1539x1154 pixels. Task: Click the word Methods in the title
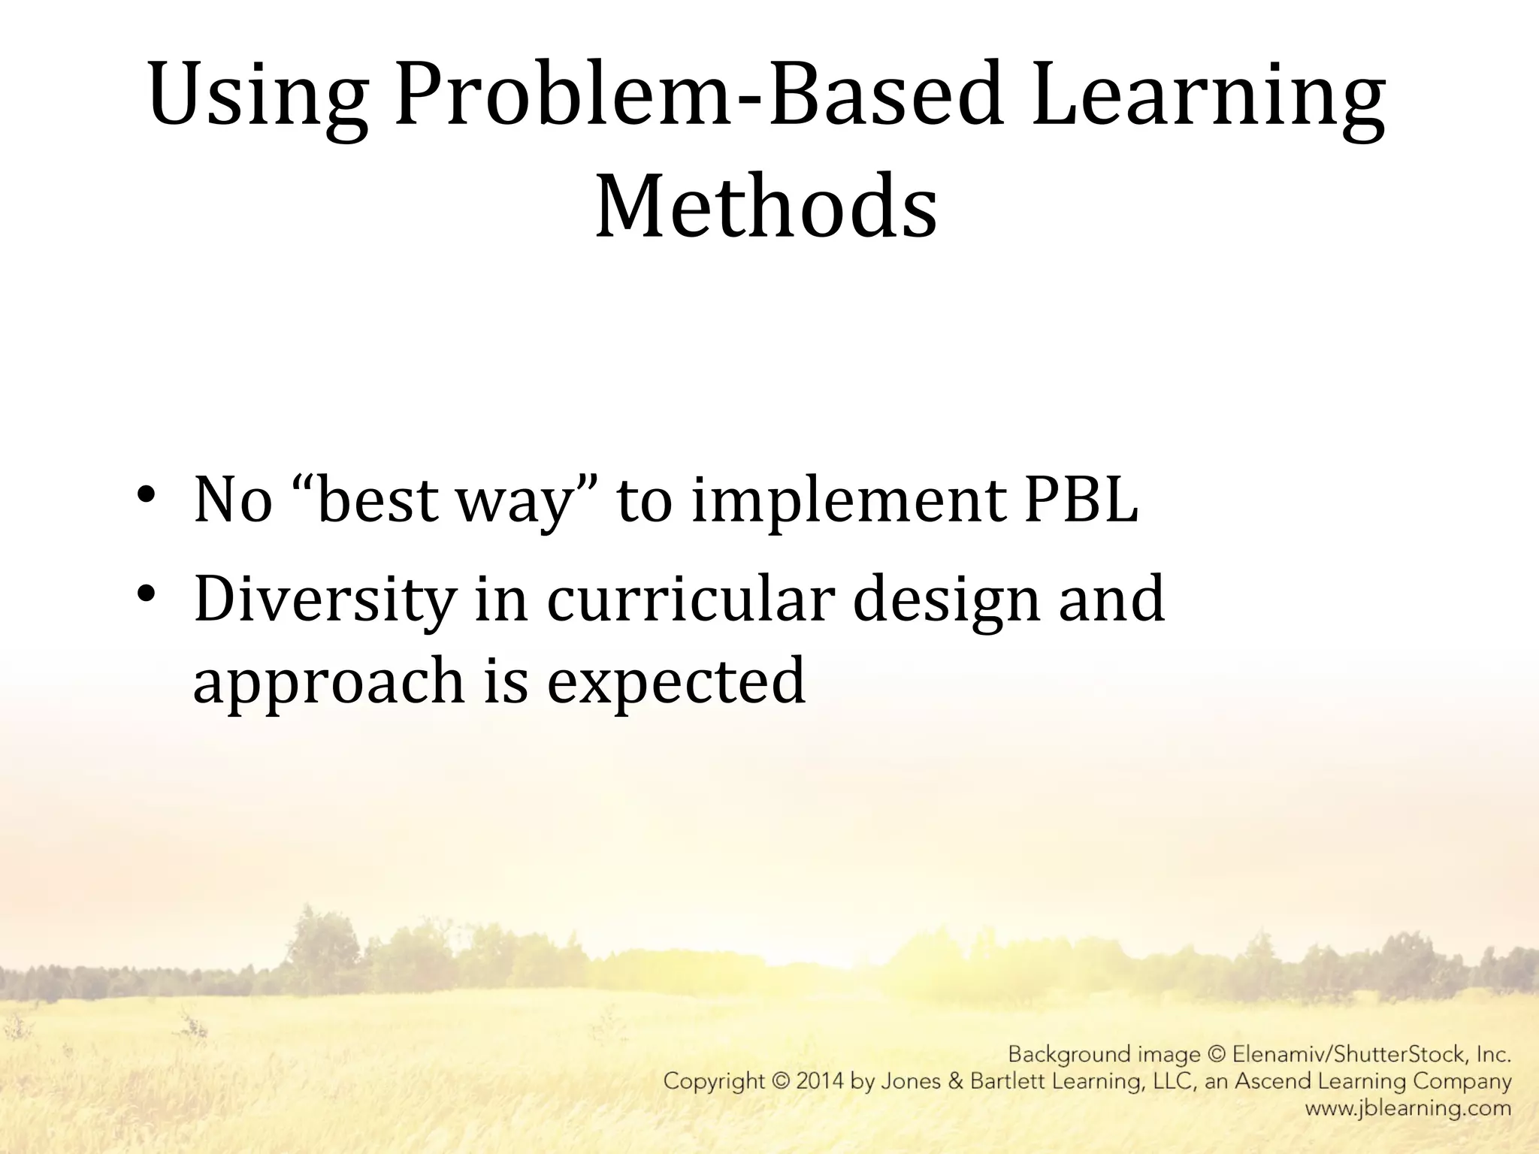[766, 205]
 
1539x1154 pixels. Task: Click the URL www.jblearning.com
[1407, 1107]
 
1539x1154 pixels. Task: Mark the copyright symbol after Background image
[1217, 1054]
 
